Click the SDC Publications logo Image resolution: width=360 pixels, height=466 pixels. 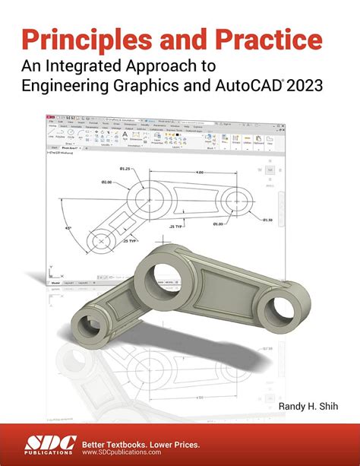tap(46, 442)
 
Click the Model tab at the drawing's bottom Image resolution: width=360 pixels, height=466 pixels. tap(55, 282)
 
